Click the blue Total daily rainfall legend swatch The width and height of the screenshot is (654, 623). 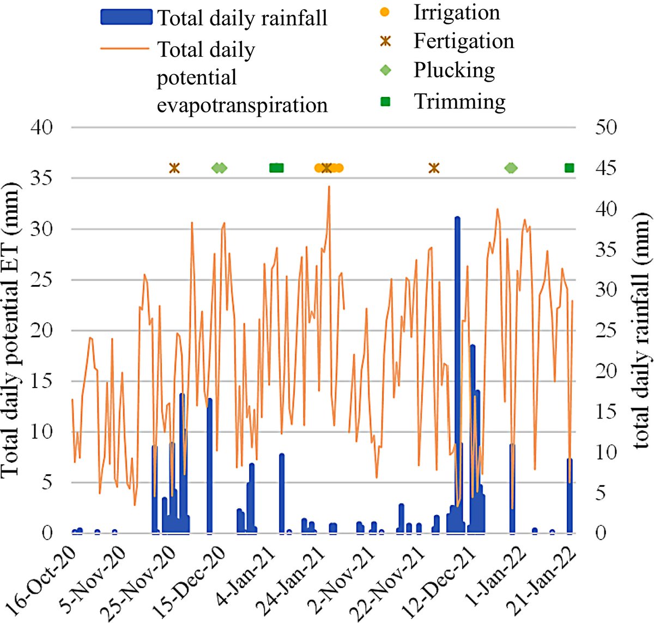pyautogui.click(x=126, y=17)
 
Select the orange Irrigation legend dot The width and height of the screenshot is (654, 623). pyautogui.click(x=385, y=13)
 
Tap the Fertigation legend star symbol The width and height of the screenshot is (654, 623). pyautogui.click(x=385, y=41)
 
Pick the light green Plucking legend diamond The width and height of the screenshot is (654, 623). pyautogui.click(x=385, y=70)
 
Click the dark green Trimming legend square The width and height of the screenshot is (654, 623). pyautogui.click(x=385, y=101)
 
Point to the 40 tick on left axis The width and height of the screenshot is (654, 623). pyautogui.click(x=41, y=127)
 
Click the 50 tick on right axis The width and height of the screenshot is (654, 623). pyautogui.click(x=606, y=127)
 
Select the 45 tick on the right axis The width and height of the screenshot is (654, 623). pyautogui.click(x=606, y=168)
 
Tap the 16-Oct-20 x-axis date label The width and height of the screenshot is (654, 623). pyautogui.click(x=40, y=582)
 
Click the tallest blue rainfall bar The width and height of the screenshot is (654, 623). pyautogui.click(x=457, y=375)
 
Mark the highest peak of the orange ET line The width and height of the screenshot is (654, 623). pyautogui.click(x=329, y=186)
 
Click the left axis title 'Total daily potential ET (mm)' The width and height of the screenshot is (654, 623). pyautogui.click(x=11, y=330)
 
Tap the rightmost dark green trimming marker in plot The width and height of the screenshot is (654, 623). pyautogui.click(x=569, y=168)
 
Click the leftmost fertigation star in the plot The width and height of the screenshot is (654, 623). pyautogui.click(x=174, y=168)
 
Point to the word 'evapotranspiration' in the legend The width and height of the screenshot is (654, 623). pyautogui.click(x=242, y=106)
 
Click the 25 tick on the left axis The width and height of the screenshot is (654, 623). pyautogui.click(x=41, y=280)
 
